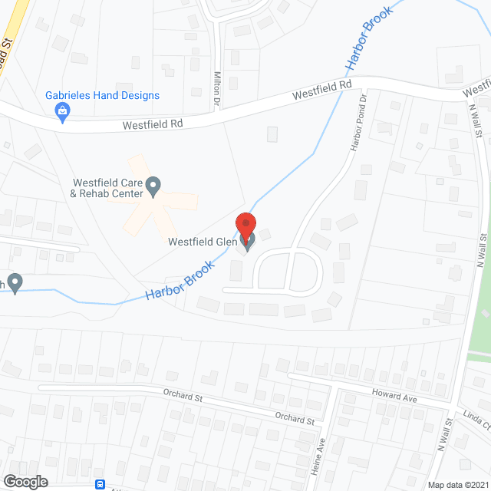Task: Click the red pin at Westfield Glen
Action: [x=245, y=226]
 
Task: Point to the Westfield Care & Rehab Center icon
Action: [x=153, y=183]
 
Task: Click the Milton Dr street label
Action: [x=217, y=82]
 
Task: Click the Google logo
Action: [x=25, y=481]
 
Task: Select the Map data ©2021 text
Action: [x=456, y=485]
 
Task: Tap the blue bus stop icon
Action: [x=99, y=484]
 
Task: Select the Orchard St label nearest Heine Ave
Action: [x=295, y=419]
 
